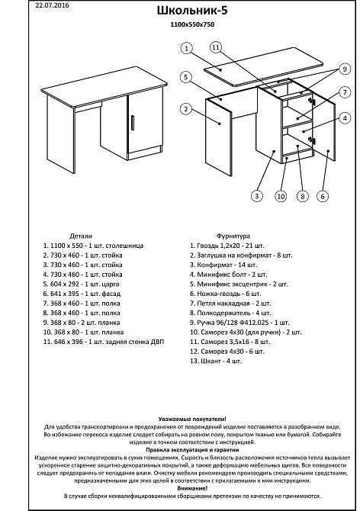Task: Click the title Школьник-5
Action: (x=192, y=11)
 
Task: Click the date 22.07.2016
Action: (x=52, y=5)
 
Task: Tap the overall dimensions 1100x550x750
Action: (x=192, y=24)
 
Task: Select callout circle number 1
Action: (x=186, y=49)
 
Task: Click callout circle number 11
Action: (x=215, y=47)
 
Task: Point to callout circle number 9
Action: (x=345, y=69)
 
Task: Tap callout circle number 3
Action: (x=257, y=196)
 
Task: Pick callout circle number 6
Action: (x=323, y=196)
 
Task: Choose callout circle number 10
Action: (x=281, y=196)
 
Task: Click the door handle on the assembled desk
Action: (x=133, y=123)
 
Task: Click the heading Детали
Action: (x=81, y=236)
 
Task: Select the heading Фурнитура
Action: (x=233, y=236)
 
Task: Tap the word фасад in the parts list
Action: (x=111, y=294)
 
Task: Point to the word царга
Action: (x=111, y=284)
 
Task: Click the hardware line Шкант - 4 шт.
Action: (x=216, y=361)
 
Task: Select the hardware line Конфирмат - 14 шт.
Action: (x=223, y=265)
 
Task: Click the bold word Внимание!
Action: (x=192, y=488)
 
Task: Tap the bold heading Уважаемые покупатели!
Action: (x=192, y=419)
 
